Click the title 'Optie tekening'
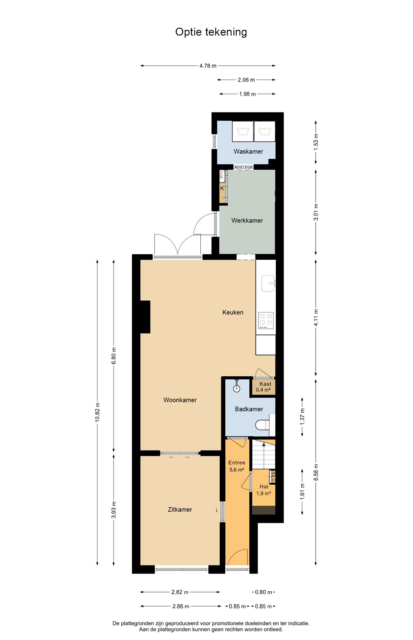pyautogui.click(x=211, y=32)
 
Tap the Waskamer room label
pyautogui.click(x=248, y=151)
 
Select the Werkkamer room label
pyautogui.click(x=247, y=221)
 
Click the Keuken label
pyautogui.click(x=233, y=312)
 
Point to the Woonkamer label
pyautogui.click(x=180, y=400)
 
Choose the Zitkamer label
pyautogui.click(x=180, y=510)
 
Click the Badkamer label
pyautogui.click(x=249, y=409)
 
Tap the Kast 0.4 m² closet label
pyautogui.click(x=264, y=387)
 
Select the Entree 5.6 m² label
pyautogui.click(x=237, y=466)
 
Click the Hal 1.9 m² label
pyautogui.click(x=264, y=490)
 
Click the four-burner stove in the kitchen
pyautogui.click(x=266, y=321)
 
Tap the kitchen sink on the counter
pyautogui.click(x=268, y=283)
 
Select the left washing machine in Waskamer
pyautogui.click(x=243, y=131)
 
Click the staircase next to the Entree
pyautogui.click(x=264, y=454)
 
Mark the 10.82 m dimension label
pyautogui.click(x=97, y=412)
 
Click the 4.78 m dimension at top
pyautogui.click(x=208, y=66)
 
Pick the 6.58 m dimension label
pyautogui.click(x=316, y=472)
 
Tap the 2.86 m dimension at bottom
pyautogui.click(x=181, y=606)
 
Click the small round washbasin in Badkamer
pyautogui.click(x=236, y=389)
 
